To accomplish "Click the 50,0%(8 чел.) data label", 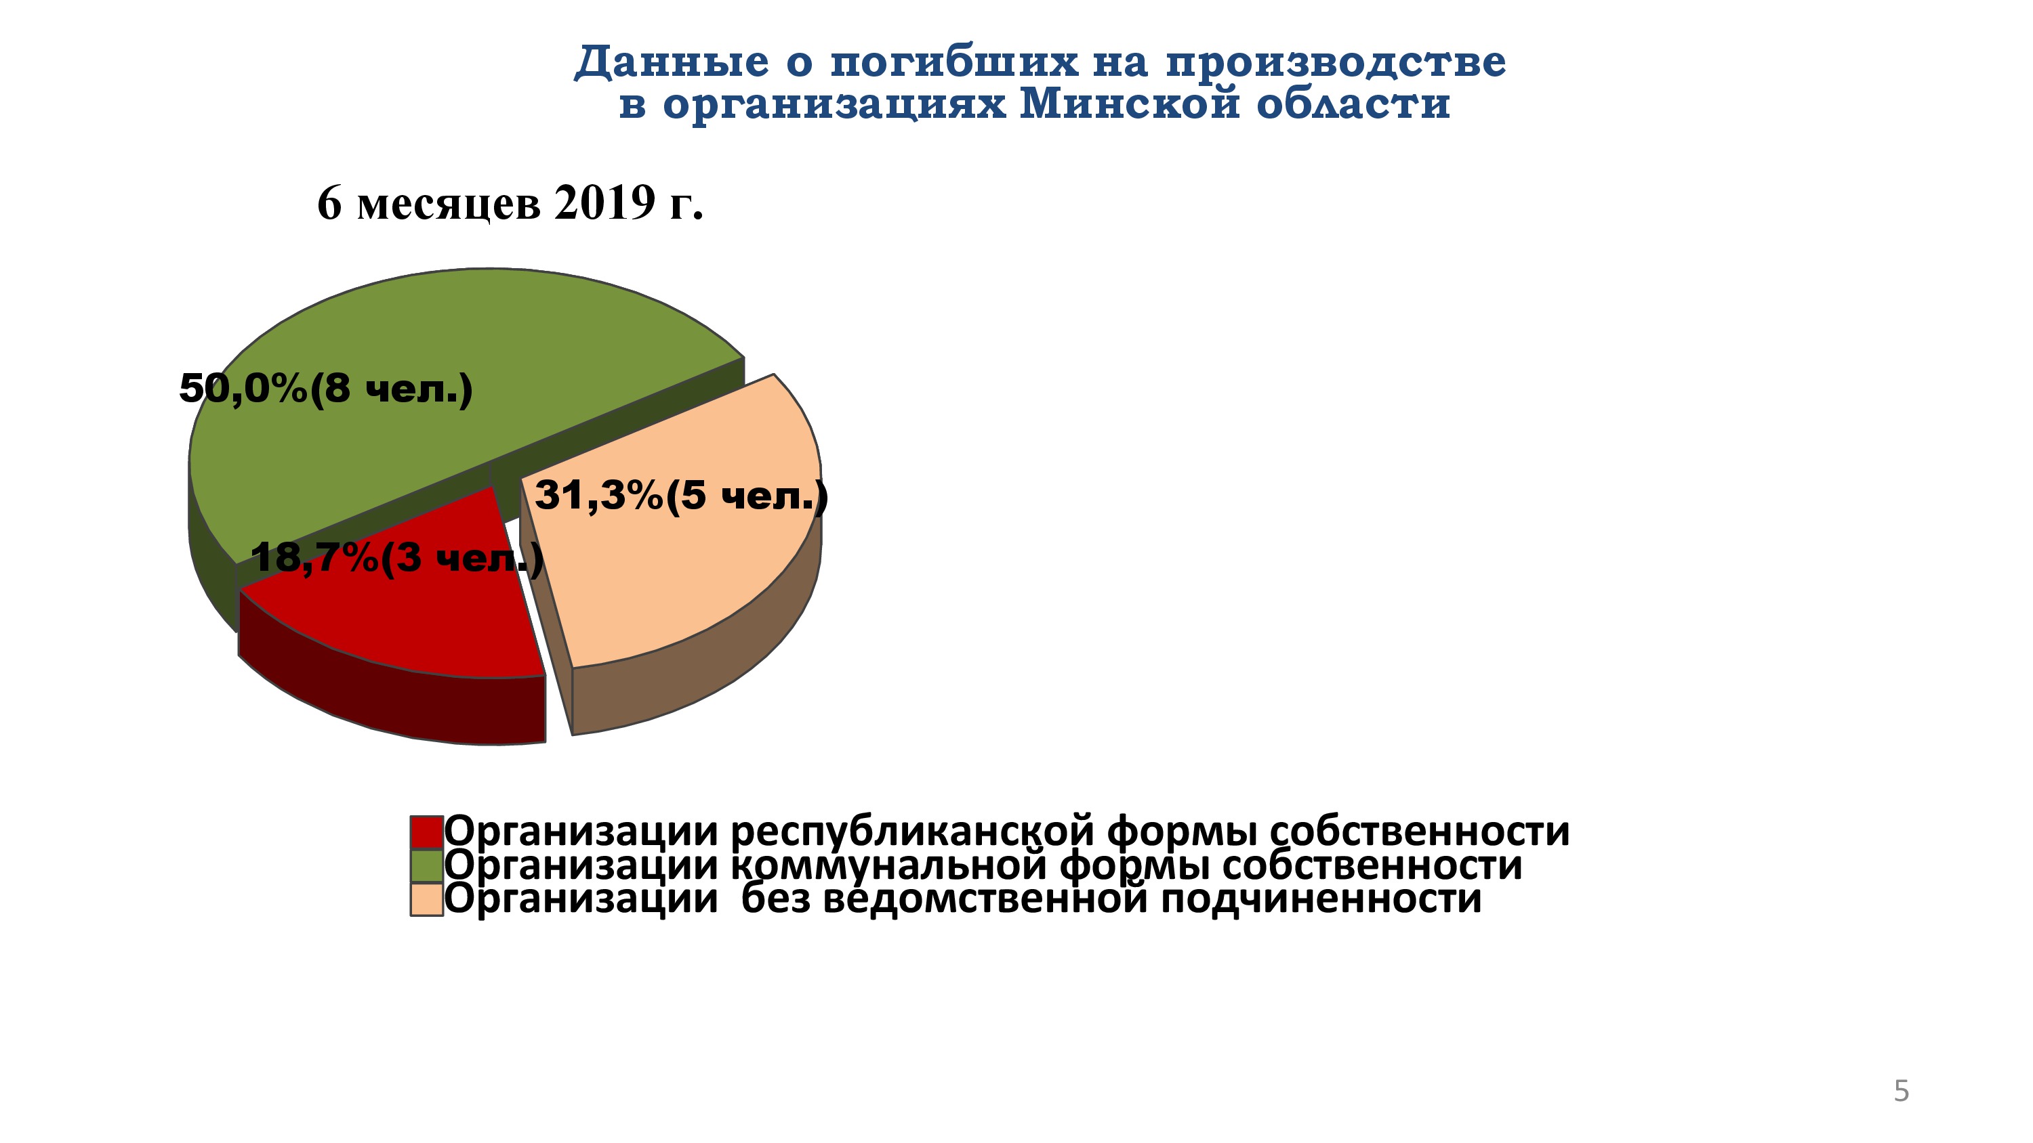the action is click(326, 388).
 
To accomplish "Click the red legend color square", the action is click(426, 832).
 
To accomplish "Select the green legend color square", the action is click(426, 865).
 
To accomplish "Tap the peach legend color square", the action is click(426, 899).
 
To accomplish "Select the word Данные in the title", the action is click(672, 62).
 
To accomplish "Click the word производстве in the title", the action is click(1335, 62).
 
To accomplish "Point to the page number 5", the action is click(1902, 1091).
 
